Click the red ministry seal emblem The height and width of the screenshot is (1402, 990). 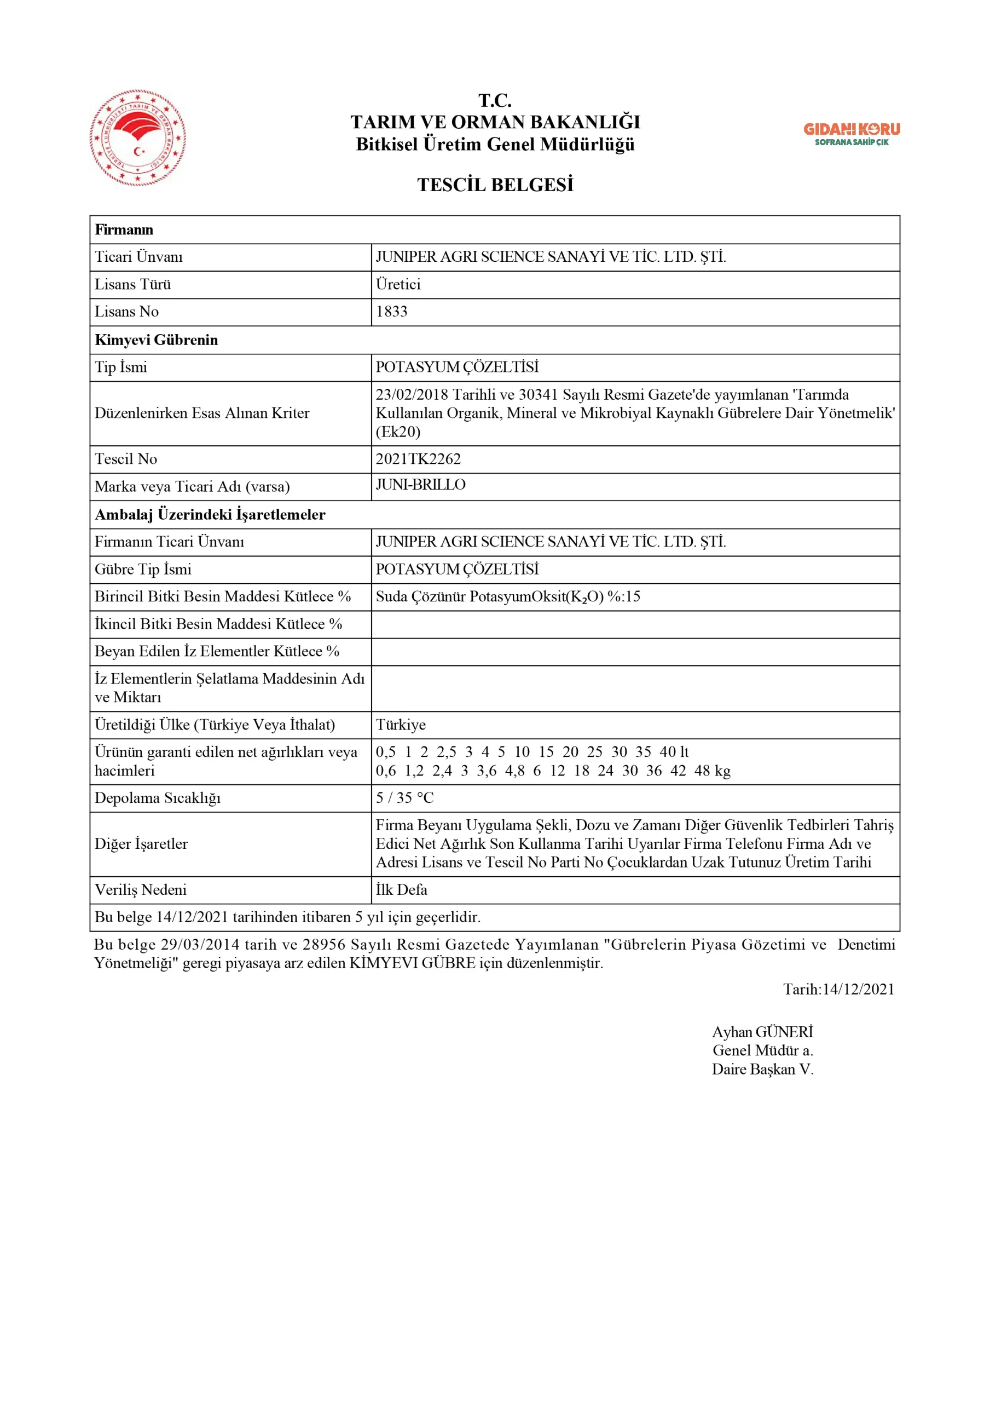(138, 138)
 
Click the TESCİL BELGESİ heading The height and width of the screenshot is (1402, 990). (495, 185)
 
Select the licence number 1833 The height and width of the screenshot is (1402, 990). (391, 312)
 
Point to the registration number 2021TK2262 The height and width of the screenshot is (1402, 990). (418, 458)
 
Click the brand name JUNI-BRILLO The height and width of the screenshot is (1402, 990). (420, 484)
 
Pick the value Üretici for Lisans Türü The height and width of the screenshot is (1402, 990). (398, 284)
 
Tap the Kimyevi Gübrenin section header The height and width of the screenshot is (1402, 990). (157, 340)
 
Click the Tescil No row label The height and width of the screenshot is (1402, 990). (126, 458)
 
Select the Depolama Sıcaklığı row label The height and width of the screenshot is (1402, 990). (158, 797)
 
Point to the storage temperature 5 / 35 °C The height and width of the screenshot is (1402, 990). (404, 797)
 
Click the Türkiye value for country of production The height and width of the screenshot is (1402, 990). (401, 724)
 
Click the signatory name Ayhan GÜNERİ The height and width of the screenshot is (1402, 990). (762, 1031)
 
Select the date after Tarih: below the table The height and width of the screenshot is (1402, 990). (858, 989)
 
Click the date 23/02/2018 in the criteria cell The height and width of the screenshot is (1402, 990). (412, 394)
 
